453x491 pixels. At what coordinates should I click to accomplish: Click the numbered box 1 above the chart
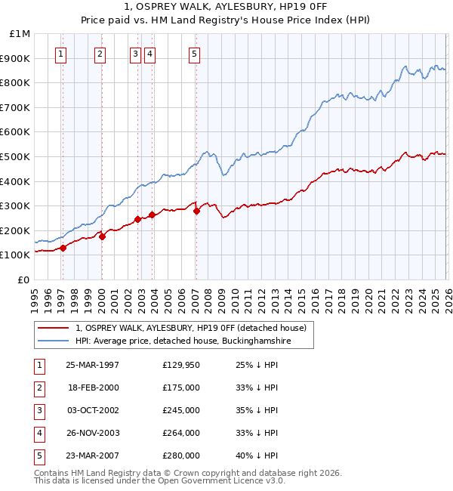[60, 54]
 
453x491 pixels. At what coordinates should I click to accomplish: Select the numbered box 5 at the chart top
[195, 54]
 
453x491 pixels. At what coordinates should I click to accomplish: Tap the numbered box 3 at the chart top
[134, 54]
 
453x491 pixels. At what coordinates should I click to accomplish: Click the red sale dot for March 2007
[196, 211]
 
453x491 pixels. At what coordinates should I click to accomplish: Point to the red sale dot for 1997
[63, 248]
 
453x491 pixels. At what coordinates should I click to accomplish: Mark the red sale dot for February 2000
[102, 236]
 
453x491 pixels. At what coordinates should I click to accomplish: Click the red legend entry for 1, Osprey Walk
[190, 328]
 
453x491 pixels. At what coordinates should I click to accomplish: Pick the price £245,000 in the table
[181, 411]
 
